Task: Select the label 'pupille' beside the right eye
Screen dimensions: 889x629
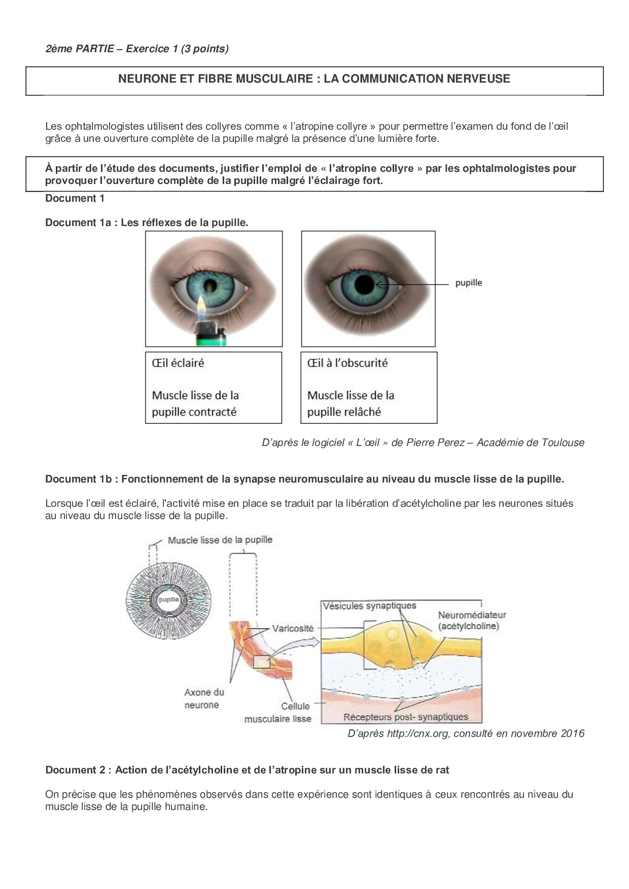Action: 468,283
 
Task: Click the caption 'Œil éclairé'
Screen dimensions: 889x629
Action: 178,363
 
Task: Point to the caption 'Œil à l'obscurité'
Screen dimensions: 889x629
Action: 347,363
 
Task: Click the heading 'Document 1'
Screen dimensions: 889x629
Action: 75,198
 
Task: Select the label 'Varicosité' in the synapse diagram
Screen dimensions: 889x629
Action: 293,628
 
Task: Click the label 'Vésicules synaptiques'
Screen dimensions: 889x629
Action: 369,606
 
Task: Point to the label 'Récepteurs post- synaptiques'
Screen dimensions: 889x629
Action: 405,717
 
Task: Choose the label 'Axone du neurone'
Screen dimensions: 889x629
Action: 204,698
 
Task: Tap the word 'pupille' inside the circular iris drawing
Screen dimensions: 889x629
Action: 168,599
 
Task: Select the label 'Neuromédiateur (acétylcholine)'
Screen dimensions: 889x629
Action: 472,620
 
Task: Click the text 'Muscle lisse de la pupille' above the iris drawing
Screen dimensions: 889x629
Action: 220,540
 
